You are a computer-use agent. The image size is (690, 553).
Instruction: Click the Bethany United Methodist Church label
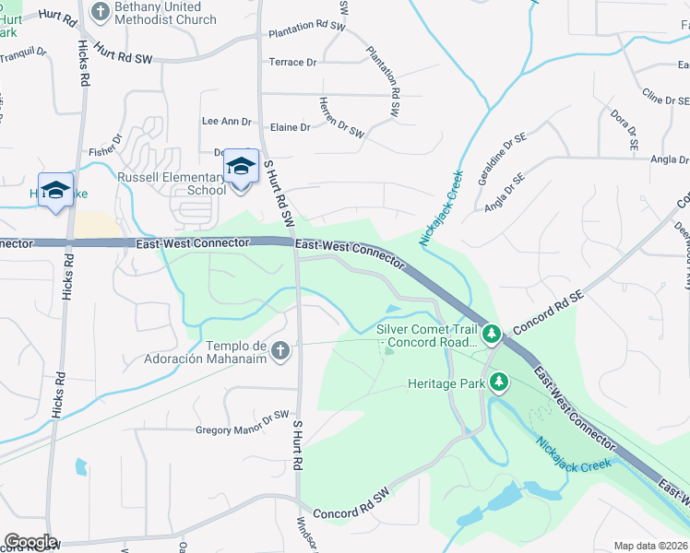(167, 13)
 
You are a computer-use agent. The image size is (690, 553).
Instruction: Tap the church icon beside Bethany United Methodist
(101, 12)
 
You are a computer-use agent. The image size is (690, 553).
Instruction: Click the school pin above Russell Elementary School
(241, 168)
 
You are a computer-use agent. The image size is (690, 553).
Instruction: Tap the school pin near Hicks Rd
(55, 191)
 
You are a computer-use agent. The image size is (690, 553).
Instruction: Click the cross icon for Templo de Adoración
(280, 350)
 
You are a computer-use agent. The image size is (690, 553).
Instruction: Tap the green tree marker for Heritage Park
(499, 381)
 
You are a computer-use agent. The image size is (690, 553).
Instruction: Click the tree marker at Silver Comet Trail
(492, 332)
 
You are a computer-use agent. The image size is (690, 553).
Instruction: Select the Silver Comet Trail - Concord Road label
(425, 335)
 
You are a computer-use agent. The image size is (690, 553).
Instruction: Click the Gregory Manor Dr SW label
(243, 429)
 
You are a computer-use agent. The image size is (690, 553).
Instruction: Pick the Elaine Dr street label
(291, 127)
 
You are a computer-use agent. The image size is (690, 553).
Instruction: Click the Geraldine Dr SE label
(494, 161)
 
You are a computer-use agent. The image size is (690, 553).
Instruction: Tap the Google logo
(30, 542)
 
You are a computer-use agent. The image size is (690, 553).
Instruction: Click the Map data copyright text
(651, 546)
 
